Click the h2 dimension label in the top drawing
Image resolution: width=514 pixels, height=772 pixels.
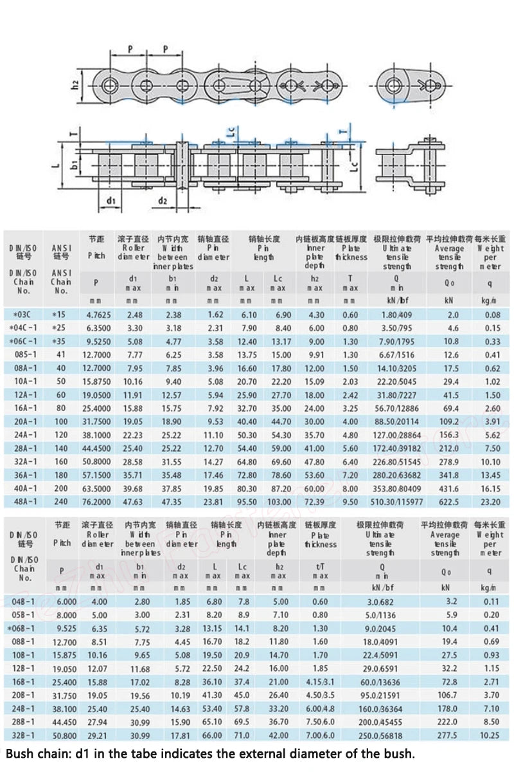[75, 84]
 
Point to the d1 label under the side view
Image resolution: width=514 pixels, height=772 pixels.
[110, 201]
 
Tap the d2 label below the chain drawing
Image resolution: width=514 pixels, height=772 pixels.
[163, 201]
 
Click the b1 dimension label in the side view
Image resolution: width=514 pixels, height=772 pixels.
[75, 165]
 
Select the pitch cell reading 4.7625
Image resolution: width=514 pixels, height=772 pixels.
[96, 315]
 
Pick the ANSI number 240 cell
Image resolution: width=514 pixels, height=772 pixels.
[60, 501]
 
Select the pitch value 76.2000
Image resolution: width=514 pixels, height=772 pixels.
[96, 501]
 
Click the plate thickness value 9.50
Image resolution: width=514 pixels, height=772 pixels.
[350, 501]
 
